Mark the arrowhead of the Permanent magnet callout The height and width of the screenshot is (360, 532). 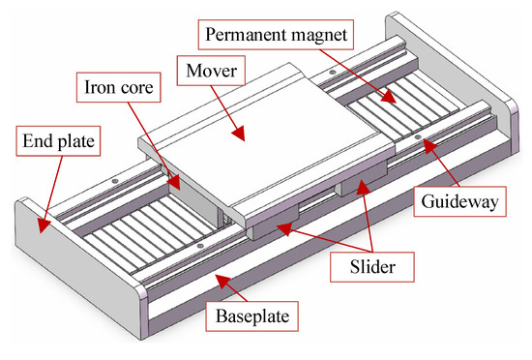392,99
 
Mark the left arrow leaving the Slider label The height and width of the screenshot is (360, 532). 281,228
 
